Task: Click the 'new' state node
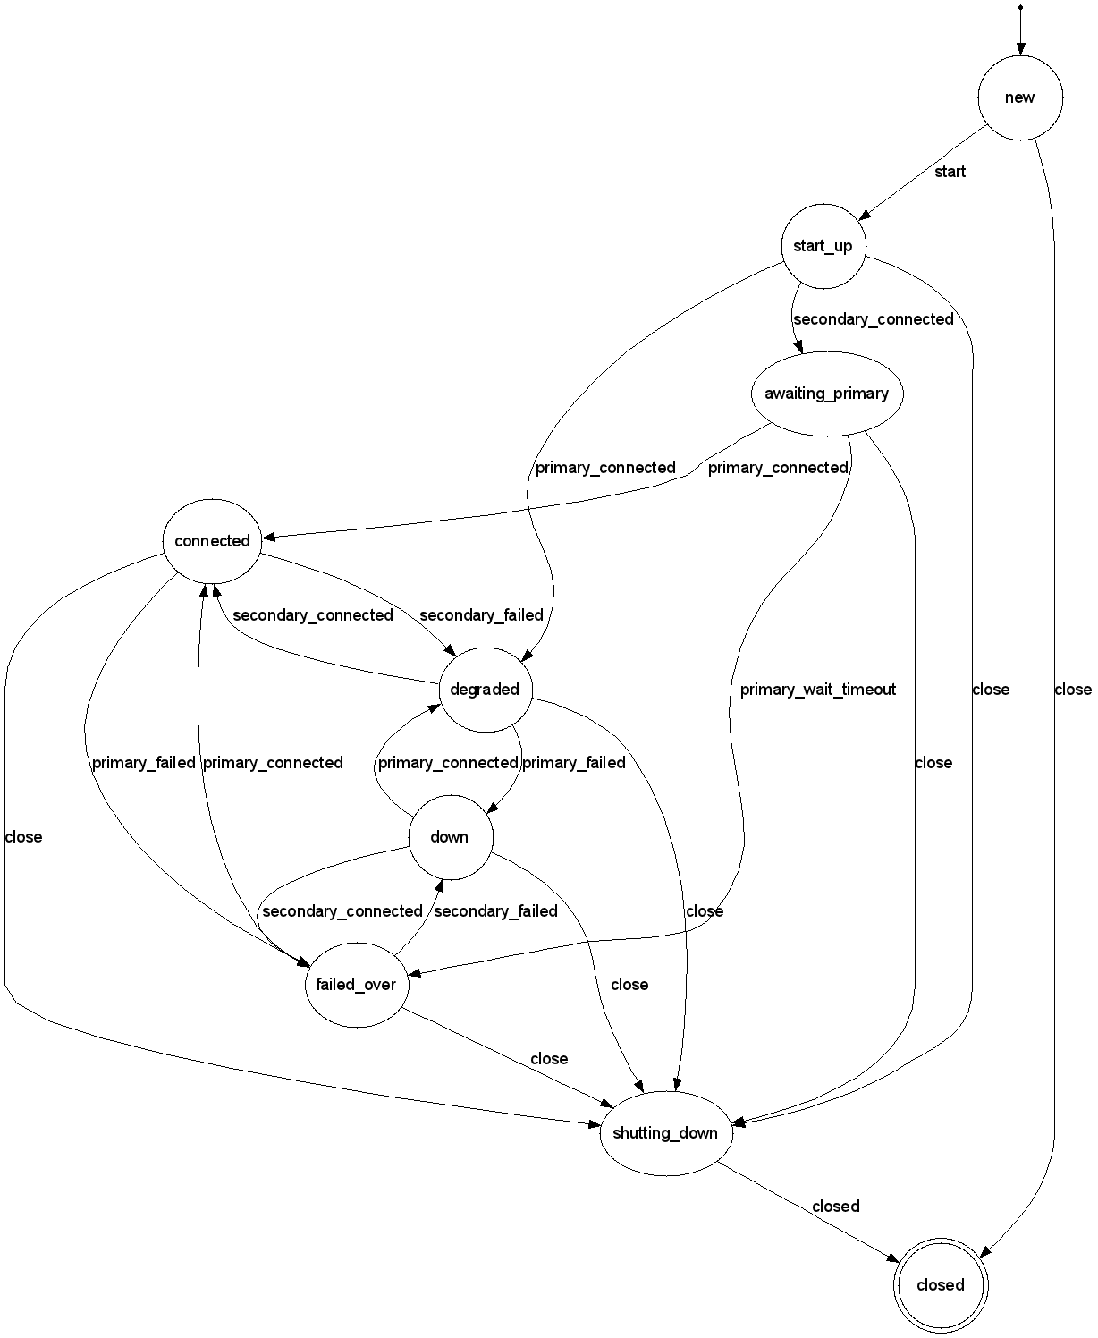pos(1020,97)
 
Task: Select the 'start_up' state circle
pos(823,246)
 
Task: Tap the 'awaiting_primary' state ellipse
pos(826,394)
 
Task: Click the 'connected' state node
pos(212,541)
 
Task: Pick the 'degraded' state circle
pos(485,689)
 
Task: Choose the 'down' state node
pos(449,837)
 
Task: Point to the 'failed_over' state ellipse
pos(356,985)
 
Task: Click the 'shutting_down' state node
pos(665,1133)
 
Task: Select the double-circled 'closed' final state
pos(941,1285)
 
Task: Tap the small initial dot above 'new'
pos(1020,8)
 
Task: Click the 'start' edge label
pos(950,172)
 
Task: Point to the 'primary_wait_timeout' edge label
pos(817,690)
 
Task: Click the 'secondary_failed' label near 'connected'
pos(481,615)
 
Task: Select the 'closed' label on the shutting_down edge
pos(835,1207)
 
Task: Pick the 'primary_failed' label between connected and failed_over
pos(143,763)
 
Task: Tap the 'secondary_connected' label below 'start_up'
pos(873,319)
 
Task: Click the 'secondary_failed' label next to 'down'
pos(495,911)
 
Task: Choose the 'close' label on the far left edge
pos(23,837)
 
